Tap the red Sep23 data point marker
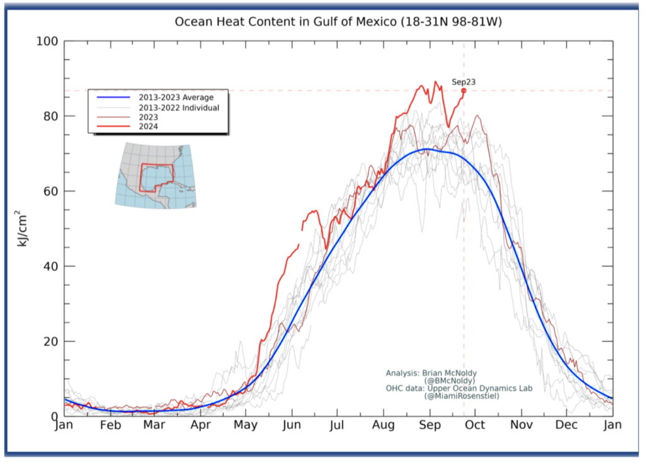click(x=464, y=91)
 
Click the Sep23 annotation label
click(x=464, y=82)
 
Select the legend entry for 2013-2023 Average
click(x=176, y=98)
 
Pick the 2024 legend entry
click(x=149, y=126)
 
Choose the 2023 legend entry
click(x=149, y=117)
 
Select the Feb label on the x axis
click(x=110, y=425)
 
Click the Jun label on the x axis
click(x=292, y=425)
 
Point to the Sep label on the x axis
click(x=430, y=425)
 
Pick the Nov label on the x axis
click(x=521, y=425)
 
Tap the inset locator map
click(x=155, y=175)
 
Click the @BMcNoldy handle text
click(x=449, y=380)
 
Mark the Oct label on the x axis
click(x=475, y=425)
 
